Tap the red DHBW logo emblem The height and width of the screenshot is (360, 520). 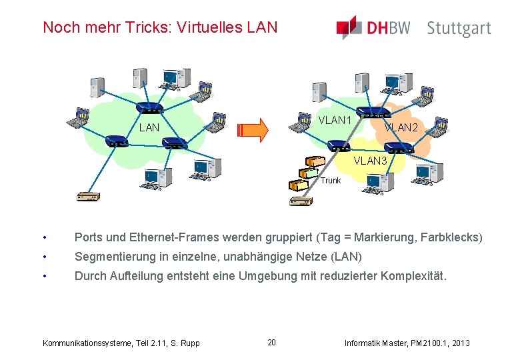click(349, 27)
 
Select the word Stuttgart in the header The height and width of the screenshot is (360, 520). click(459, 29)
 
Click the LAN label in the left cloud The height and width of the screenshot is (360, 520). click(149, 127)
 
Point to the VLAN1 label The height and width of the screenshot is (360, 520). click(335, 121)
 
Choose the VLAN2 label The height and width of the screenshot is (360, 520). click(401, 127)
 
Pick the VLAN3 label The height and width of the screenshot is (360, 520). click(370, 161)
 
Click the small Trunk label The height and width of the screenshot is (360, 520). click(330, 181)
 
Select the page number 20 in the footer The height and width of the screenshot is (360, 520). click(271, 343)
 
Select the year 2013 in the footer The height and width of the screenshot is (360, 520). click(460, 343)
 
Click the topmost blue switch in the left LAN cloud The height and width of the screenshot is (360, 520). click(149, 108)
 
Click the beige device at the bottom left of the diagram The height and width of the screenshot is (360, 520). click(87, 196)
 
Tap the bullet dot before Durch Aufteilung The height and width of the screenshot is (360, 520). click(44, 276)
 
